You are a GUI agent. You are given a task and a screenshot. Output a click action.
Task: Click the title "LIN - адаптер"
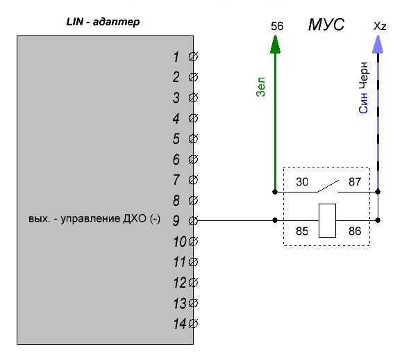[x=103, y=22]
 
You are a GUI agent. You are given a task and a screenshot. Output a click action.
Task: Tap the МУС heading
[x=326, y=24]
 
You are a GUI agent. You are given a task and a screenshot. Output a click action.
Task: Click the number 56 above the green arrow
[x=277, y=26]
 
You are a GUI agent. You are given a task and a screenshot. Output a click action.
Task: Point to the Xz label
[x=380, y=26]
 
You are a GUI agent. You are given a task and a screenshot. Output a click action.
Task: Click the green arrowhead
[x=275, y=44]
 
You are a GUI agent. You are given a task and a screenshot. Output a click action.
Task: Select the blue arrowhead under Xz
[x=378, y=44]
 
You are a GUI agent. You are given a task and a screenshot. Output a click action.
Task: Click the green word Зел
[x=260, y=87]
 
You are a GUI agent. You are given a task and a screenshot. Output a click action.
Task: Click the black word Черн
[x=363, y=75]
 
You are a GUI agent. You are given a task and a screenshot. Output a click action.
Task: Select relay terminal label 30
[x=302, y=182]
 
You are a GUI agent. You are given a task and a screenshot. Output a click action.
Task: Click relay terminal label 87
[x=355, y=182]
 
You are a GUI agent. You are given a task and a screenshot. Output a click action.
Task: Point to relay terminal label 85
[x=302, y=231]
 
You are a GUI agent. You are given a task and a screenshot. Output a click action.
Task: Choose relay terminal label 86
[x=355, y=231]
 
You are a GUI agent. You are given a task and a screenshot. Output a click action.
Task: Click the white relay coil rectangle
[x=327, y=221]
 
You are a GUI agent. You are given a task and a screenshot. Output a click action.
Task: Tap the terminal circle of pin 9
[x=193, y=221]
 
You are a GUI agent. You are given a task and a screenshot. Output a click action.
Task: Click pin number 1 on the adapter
[x=176, y=57]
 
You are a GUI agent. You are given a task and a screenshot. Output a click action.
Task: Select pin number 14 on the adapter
[x=180, y=324]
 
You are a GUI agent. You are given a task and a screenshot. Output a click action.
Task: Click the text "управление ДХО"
[x=103, y=219]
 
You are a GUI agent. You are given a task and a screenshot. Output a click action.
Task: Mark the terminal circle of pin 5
[x=193, y=138]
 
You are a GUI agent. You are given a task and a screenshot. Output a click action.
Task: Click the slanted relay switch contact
[x=328, y=186]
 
